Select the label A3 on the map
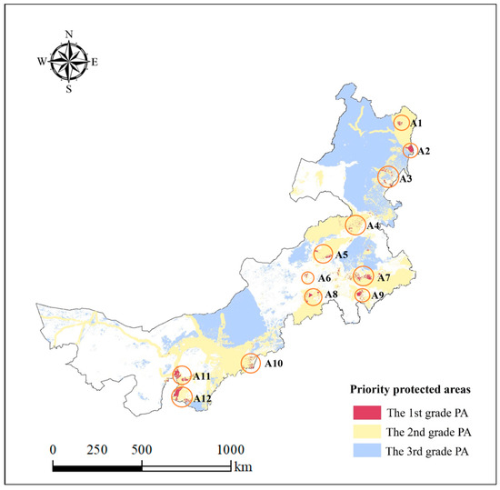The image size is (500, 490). [x=405, y=179]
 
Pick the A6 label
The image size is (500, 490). [x=322, y=278]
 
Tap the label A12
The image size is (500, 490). [x=202, y=399]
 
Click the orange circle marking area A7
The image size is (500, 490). [x=363, y=275]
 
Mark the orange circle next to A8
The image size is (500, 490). [x=313, y=296]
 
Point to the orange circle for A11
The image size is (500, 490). [x=181, y=375]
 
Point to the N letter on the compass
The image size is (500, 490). [x=69, y=35]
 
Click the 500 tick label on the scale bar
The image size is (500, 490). [x=141, y=450]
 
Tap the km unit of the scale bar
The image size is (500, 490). [x=242, y=467]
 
